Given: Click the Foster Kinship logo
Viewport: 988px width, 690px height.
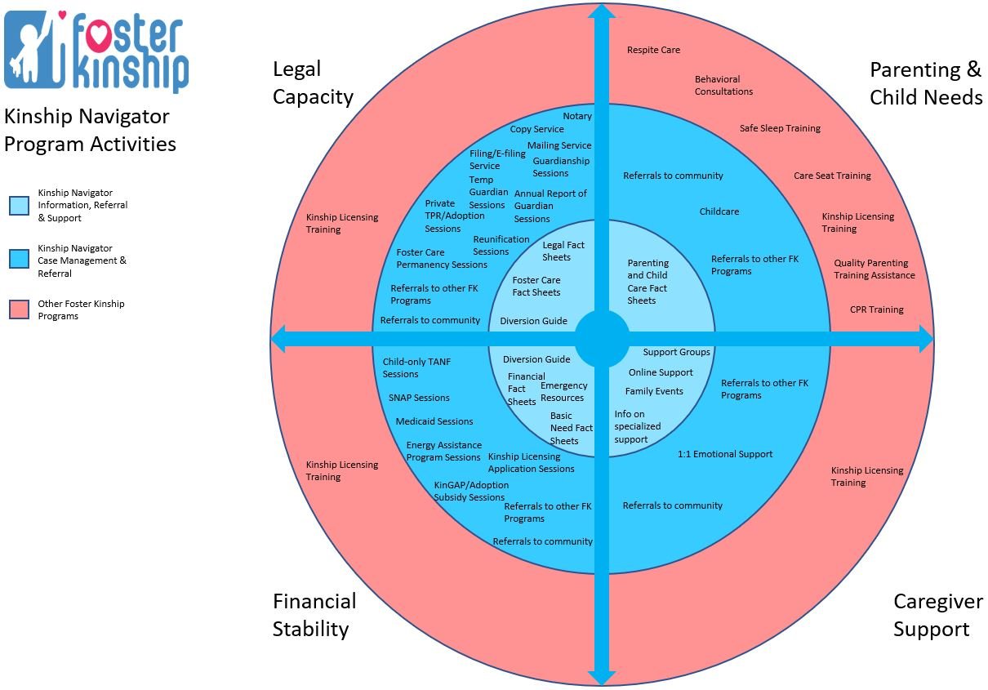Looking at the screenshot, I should [96, 49].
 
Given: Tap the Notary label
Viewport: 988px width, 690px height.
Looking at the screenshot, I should [577, 116].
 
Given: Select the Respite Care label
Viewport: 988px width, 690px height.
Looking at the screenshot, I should [653, 50].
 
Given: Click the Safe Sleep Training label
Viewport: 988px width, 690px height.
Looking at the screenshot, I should [780, 128].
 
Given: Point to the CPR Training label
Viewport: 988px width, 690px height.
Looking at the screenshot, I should [876, 309].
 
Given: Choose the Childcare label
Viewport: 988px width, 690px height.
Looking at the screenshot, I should [719, 211].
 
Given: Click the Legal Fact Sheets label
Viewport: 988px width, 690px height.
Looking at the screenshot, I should [563, 251].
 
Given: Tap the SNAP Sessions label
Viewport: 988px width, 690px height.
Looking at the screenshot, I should [419, 398].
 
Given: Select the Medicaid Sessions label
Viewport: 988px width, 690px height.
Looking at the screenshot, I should [434, 421].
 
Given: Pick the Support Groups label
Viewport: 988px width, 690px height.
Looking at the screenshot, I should [676, 352].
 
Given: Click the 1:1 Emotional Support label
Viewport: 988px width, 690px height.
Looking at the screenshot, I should [724, 454].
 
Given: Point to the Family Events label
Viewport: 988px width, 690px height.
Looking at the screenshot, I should [654, 391].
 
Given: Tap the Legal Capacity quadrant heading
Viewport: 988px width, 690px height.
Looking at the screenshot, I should [313, 82].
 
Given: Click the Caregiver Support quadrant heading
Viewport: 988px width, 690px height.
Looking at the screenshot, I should [937, 615].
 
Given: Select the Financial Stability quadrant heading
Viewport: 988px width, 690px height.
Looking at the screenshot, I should [314, 615].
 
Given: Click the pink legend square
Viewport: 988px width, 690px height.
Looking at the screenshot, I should [19, 309].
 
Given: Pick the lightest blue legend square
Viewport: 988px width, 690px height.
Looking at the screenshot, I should [19, 206].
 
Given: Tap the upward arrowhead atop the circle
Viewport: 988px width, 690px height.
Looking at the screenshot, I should [602, 13].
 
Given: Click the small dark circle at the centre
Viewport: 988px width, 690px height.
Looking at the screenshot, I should [602, 339].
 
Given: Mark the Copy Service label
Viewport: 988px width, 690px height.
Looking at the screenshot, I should [536, 129].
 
